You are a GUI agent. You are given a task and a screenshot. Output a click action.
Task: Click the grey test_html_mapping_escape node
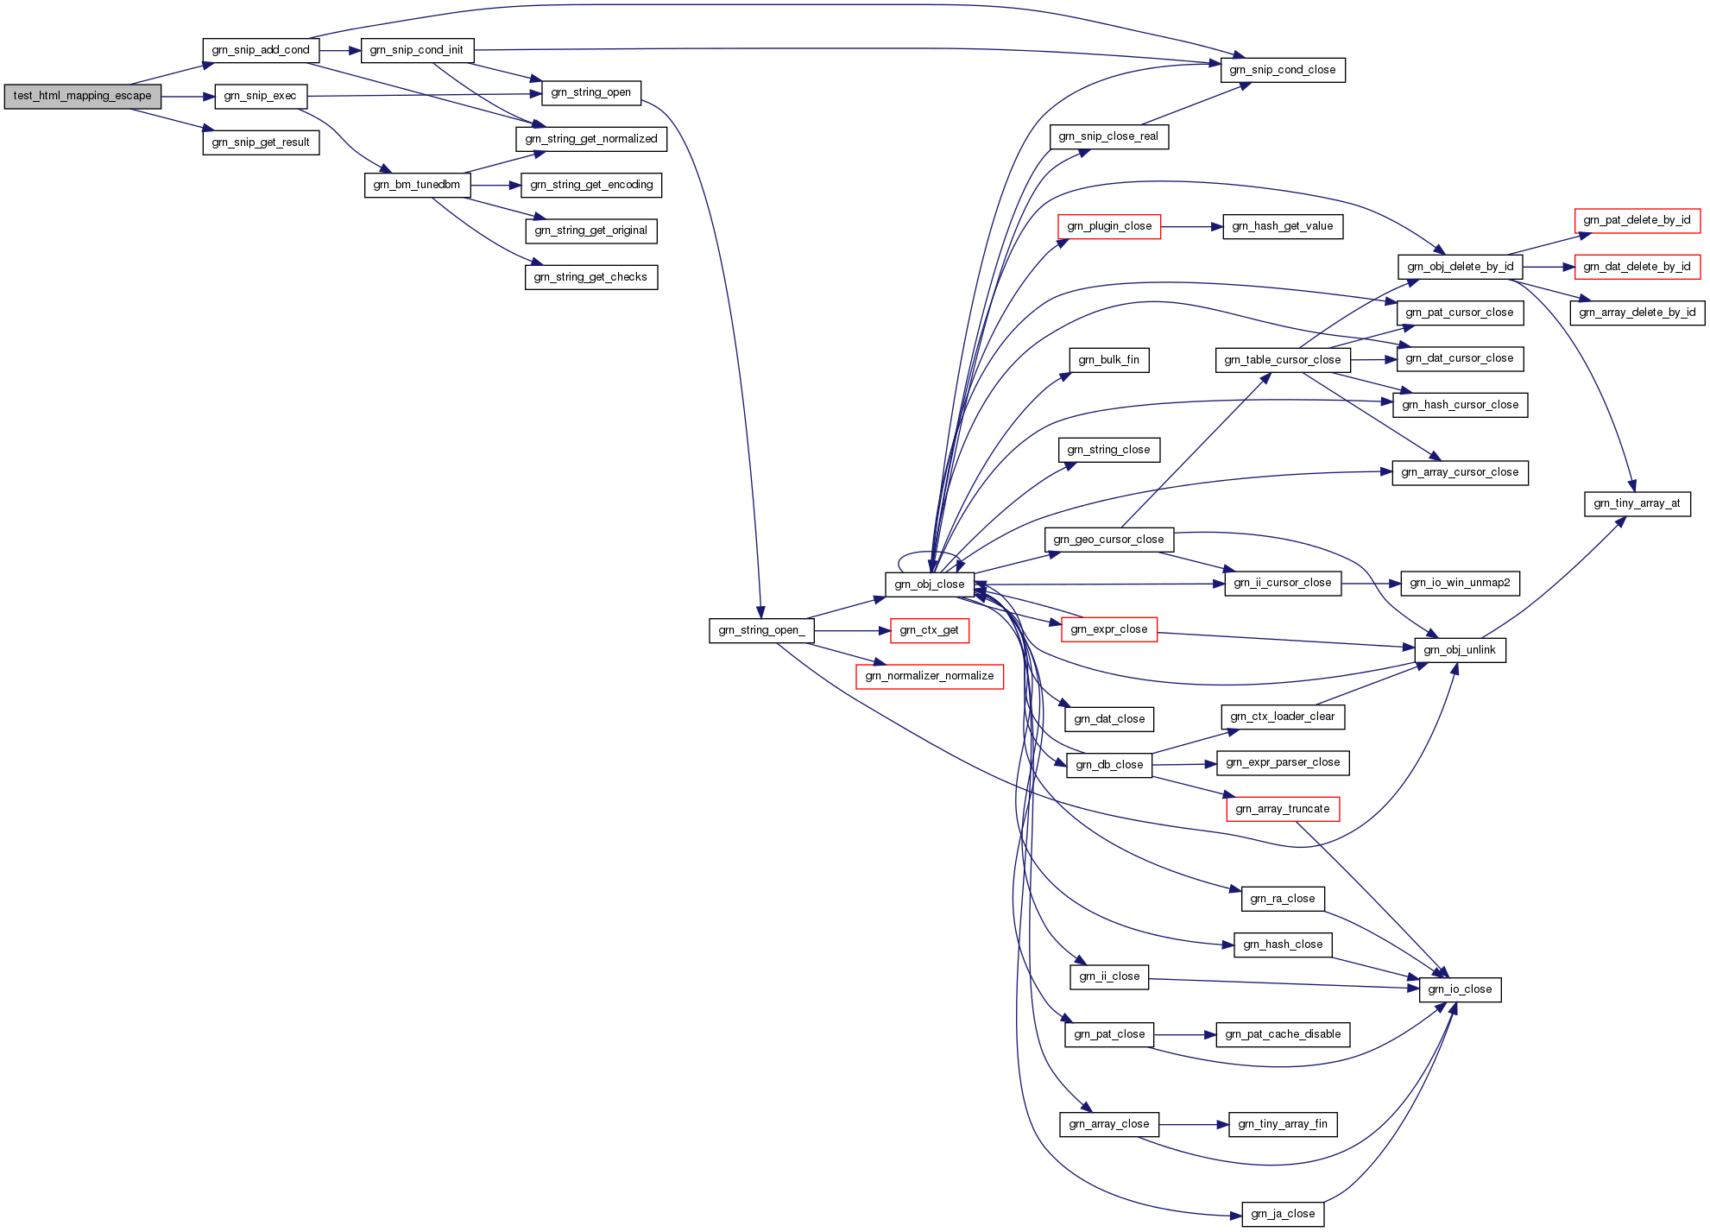pyautogui.click(x=82, y=97)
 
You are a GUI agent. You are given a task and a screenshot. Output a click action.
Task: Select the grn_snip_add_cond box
pyautogui.click(x=261, y=50)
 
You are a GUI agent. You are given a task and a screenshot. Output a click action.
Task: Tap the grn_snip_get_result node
pyautogui.click(x=261, y=142)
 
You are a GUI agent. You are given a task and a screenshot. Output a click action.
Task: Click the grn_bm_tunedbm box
pyautogui.click(x=417, y=185)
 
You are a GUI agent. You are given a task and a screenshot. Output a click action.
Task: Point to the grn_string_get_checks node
pyautogui.click(x=591, y=277)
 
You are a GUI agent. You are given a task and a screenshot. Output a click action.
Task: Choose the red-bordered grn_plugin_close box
pyautogui.click(x=1109, y=226)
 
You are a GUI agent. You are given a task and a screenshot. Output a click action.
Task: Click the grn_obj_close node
pyautogui.click(x=930, y=584)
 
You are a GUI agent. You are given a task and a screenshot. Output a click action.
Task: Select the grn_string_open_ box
pyautogui.click(x=761, y=630)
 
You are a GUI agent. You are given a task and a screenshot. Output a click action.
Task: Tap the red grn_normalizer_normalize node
pyautogui.click(x=930, y=676)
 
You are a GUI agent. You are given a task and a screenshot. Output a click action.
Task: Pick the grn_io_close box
pyautogui.click(x=1461, y=989)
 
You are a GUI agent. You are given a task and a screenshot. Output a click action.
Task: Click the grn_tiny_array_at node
pyautogui.click(x=1637, y=503)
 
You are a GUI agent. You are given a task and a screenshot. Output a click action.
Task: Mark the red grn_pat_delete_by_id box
pyautogui.click(x=1637, y=220)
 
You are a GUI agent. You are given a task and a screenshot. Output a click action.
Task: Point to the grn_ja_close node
pyautogui.click(x=1283, y=1214)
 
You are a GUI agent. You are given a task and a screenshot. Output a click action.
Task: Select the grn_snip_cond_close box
pyautogui.click(x=1283, y=70)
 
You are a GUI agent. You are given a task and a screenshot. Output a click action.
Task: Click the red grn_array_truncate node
pyautogui.click(x=1283, y=809)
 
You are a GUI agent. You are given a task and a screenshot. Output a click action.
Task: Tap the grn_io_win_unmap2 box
pyautogui.click(x=1461, y=583)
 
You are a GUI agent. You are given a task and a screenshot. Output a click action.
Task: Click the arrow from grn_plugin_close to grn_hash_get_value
pyautogui.click(x=1192, y=227)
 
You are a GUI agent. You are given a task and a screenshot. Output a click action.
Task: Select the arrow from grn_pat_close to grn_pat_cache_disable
pyautogui.click(x=1185, y=1034)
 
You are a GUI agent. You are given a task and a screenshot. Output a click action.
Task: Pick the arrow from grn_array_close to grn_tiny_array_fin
pyautogui.click(x=1194, y=1125)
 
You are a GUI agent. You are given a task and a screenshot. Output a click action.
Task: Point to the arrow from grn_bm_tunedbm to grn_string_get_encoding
pyautogui.click(x=495, y=186)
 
